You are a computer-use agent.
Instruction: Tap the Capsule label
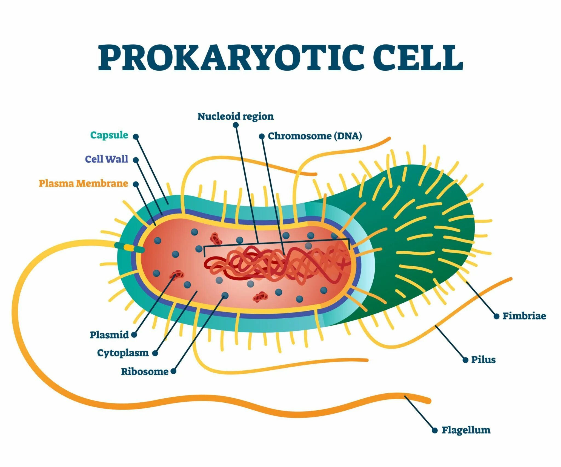tap(109, 135)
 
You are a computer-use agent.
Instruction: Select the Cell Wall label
tap(107, 159)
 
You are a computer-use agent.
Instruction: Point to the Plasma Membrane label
tap(83, 183)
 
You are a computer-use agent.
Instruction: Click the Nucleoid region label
tap(236, 116)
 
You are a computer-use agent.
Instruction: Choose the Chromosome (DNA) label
tap(315, 136)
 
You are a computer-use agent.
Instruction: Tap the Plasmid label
tap(109, 335)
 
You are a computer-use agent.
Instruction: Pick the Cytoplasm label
tap(123, 353)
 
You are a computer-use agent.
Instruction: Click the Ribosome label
tap(145, 371)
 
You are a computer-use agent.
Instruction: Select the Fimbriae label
tap(524, 316)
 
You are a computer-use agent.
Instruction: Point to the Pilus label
tap(483, 359)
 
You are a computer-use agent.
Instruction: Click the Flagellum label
tap(466, 430)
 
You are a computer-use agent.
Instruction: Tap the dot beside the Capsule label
tap(136, 137)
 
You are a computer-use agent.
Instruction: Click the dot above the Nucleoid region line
tap(236, 125)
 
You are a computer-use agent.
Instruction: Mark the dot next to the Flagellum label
tap(435, 431)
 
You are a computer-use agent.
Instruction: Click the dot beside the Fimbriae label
tap(496, 316)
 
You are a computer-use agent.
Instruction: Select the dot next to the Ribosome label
tap(173, 371)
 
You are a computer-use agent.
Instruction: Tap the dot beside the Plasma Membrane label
tap(136, 184)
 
